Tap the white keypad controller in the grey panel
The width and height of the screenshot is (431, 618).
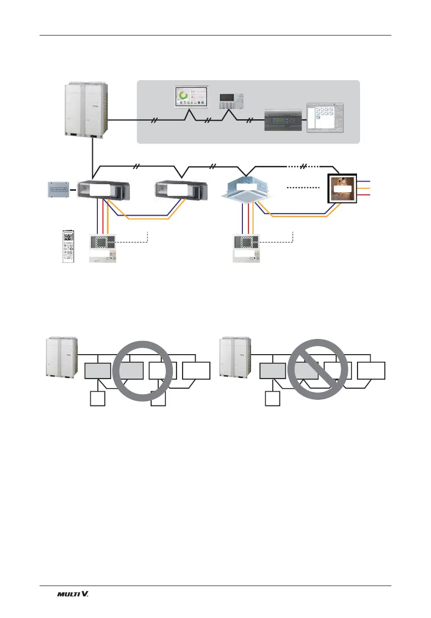pos(230,102)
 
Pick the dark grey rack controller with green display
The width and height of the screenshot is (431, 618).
pos(282,120)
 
